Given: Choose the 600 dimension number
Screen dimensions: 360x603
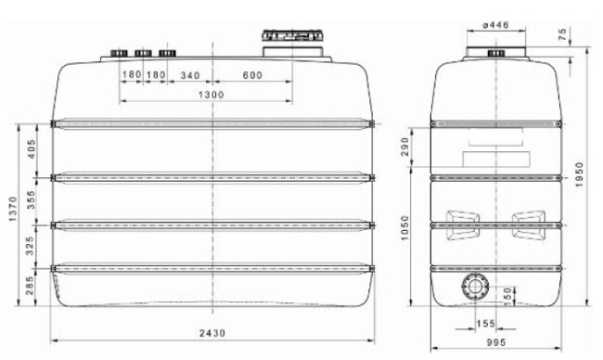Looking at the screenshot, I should (252, 74).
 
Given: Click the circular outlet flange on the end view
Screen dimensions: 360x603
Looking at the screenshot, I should (472, 288).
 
